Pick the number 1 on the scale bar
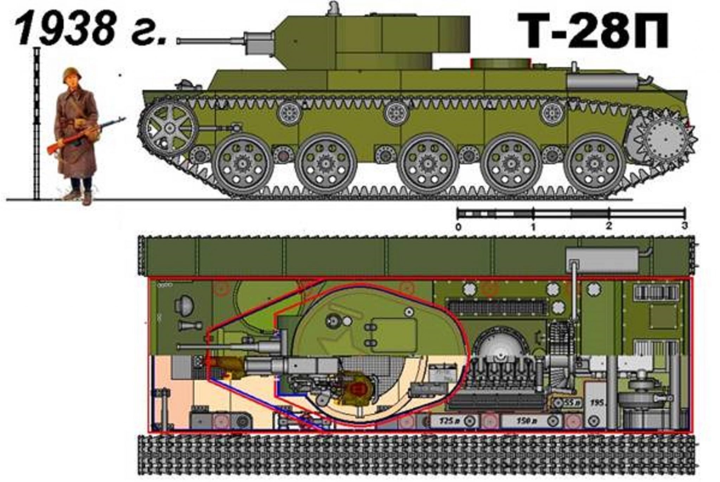(x=533, y=227)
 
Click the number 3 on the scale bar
(x=684, y=226)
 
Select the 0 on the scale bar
(x=458, y=227)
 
